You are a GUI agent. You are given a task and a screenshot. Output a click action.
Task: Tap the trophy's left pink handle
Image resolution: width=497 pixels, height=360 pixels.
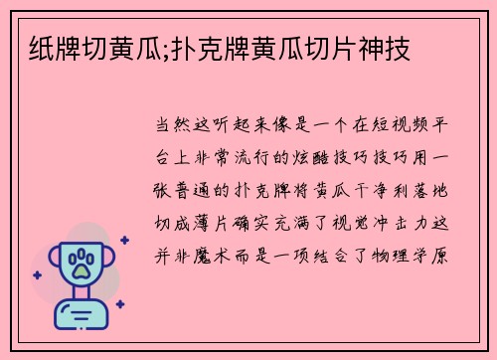coord(47,267)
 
